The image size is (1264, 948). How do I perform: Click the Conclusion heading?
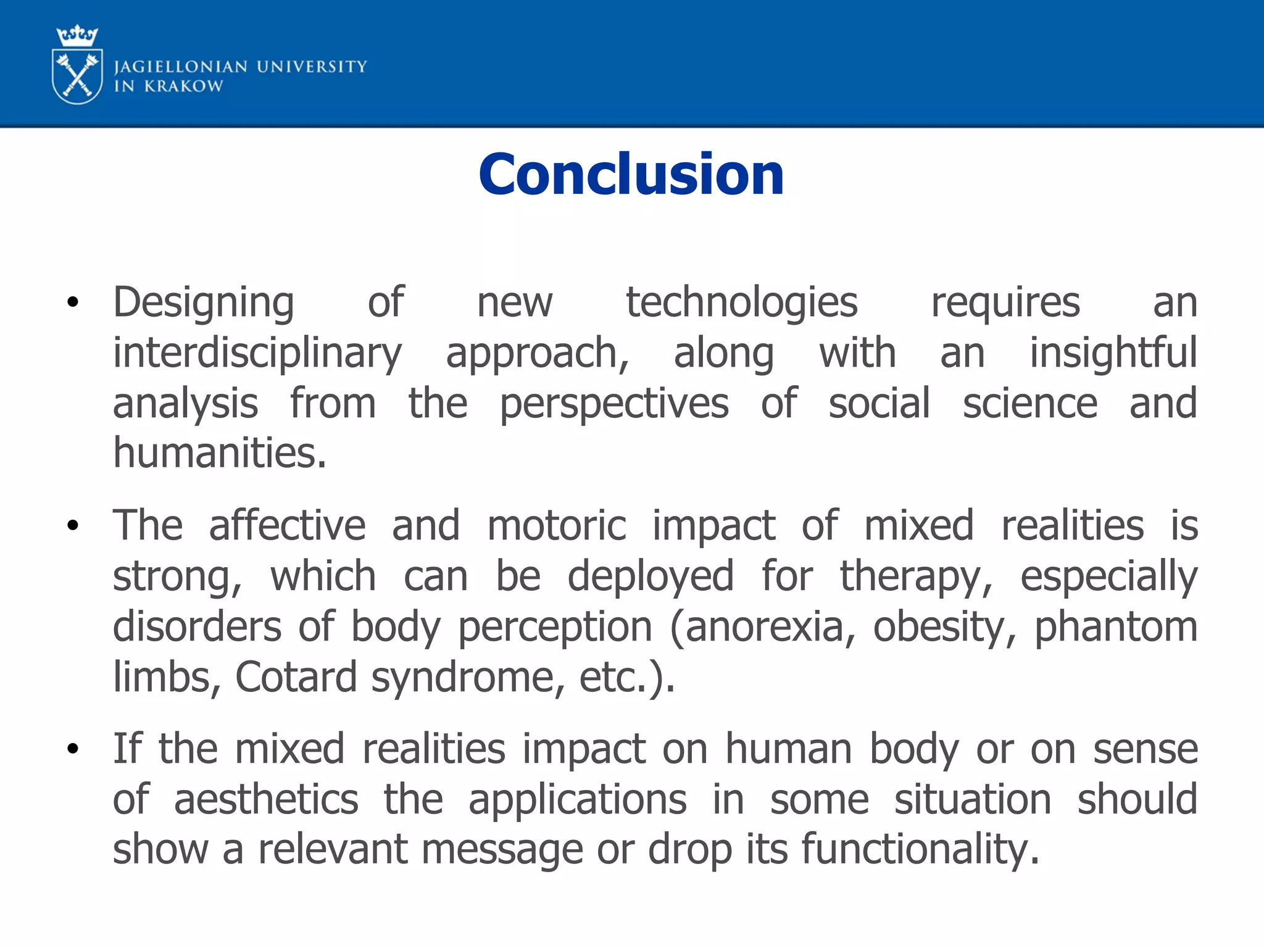[x=631, y=175]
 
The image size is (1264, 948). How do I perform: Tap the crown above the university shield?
[x=77, y=36]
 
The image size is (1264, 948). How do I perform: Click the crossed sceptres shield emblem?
[x=77, y=77]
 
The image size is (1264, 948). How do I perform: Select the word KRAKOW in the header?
[x=183, y=86]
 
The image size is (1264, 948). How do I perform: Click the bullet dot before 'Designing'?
[x=73, y=302]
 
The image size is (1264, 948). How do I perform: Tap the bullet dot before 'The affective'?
[x=73, y=526]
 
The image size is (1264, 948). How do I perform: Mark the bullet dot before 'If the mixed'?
[x=73, y=749]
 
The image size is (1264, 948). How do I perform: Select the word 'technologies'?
[x=742, y=302]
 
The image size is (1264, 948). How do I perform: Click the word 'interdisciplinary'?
[x=257, y=354]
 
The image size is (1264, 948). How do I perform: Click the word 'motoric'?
[x=557, y=526]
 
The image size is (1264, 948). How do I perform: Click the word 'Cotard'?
[x=296, y=677]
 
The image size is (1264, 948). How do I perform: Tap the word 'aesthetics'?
[x=266, y=800]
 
